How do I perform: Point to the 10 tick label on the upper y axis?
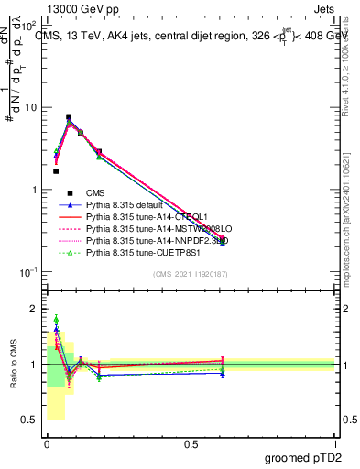pyautogui.click(x=29, y=107)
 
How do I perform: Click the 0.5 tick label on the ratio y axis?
pyautogui.click(x=30, y=420)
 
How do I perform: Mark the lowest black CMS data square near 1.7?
pyautogui.click(x=56, y=170)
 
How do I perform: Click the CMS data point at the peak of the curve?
pyautogui.click(x=69, y=117)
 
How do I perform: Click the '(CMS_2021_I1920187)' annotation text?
pyautogui.click(x=191, y=275)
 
